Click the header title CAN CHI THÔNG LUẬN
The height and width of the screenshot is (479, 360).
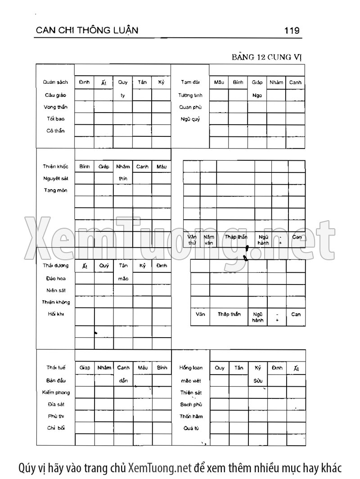pyautogui.click(x=86, y=30)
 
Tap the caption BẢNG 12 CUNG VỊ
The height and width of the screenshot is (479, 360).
pyautogui.click(x=268, y=57)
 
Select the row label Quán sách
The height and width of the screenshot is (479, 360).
pyautogui.click(x=55, y=82)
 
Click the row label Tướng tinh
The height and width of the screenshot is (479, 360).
pyautogui.click(x=190, y=95)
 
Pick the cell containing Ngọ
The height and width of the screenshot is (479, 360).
pyautogui.click(x=257, y=95)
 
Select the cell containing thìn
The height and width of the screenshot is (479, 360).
pyautogui.click(x=123, y=179)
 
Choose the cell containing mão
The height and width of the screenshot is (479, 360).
pyautogui.click(x=123, y=279)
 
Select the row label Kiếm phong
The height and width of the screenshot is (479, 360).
pyautogui.click(x=56, y=392)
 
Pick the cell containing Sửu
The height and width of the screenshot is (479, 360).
pyautogui.click(x=257, y=380)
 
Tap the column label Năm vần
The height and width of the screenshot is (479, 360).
pyautogui.click(x=208, y=239)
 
